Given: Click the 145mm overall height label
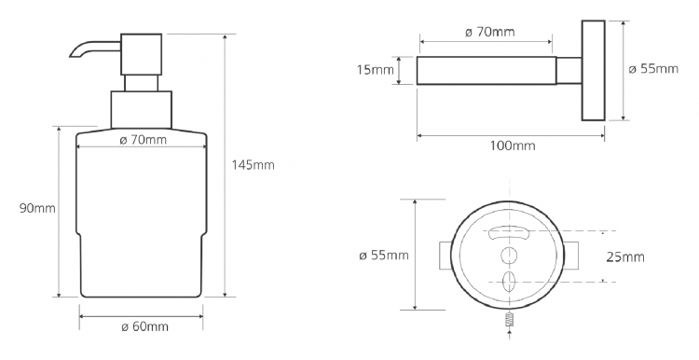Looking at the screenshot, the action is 254,165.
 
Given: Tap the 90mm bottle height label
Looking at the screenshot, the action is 37,208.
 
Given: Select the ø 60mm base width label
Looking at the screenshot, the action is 144,326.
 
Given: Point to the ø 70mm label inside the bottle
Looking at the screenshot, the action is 144,140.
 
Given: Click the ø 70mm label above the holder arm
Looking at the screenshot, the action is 490,32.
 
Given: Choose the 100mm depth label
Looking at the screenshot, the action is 513,145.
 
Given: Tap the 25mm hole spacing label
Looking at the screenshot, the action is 625,257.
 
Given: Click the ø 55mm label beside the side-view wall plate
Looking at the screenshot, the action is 653,69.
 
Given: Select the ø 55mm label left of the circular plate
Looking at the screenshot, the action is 384,256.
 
